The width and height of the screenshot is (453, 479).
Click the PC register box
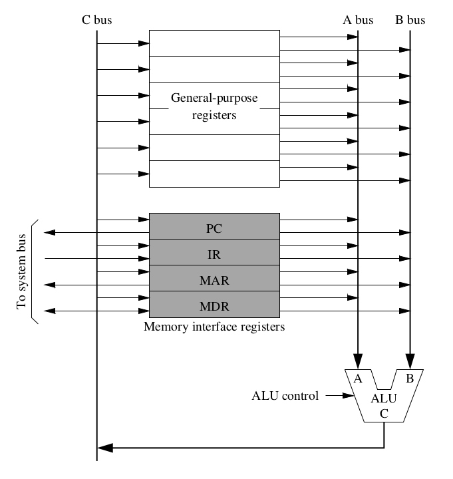click(x=214, y=228)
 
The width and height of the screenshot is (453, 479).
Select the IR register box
click(x=214, y=253)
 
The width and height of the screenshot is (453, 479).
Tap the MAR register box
click(x=214, y=279)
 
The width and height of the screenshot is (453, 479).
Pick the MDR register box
click(x=214, y=305)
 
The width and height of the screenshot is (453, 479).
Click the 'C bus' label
click(x=97, y=19)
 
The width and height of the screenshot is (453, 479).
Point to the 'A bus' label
click(x=358, y=19)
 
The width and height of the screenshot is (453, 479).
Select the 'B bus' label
click(x=410, y=19)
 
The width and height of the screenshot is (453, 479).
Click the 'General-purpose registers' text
click(x=214, y=106)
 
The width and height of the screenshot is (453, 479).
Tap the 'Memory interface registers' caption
click(x=214, y=327)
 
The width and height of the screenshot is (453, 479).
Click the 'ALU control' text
click(x=285, y=396)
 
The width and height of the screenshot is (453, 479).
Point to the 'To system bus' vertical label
click(x=22, y=271)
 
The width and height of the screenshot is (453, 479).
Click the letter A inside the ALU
click(x=358, y=379)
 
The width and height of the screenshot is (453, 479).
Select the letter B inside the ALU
click(x=410, y=379)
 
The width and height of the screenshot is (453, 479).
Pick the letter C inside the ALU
click(x=384, y=412)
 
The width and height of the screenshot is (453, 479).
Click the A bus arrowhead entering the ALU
click(x=358, y=363)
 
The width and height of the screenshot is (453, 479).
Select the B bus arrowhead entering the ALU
click(x=410, y=363)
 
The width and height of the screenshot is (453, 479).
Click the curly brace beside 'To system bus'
click(x=35, y=271)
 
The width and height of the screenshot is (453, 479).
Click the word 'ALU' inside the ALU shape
click(x=384, y=399)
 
